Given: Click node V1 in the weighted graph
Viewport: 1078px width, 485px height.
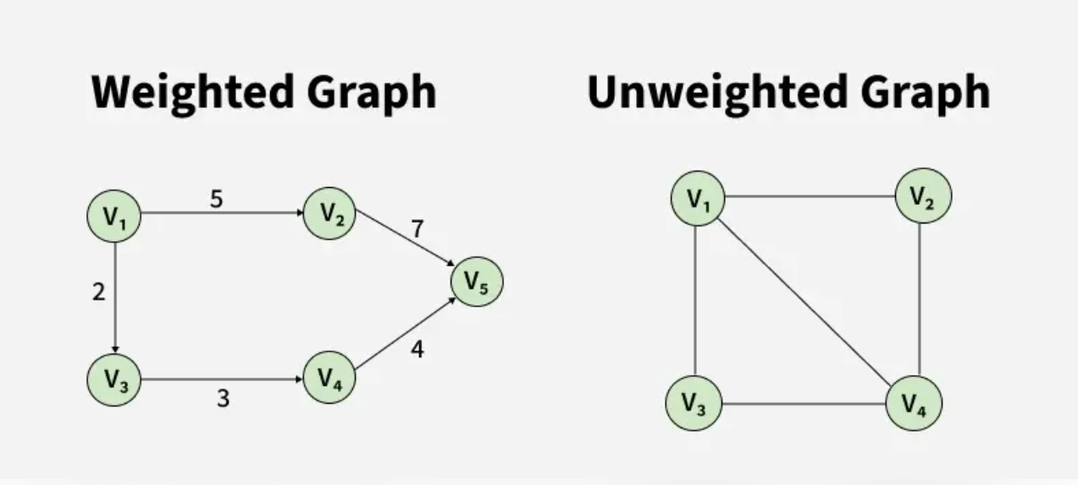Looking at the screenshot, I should [x=113, y=216].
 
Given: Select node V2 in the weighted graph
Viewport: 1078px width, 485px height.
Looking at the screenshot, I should [x=329, y=213].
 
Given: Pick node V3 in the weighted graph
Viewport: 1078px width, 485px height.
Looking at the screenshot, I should [x=113, y=380].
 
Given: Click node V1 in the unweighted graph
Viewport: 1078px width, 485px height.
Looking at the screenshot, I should [x=698, y=199].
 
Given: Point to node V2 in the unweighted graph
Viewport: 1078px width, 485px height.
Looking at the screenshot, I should [x=923, y=196].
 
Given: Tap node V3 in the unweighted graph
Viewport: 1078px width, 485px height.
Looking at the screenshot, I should [x=693, y=404].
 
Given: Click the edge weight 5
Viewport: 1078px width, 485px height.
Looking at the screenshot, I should [x=217, y=201].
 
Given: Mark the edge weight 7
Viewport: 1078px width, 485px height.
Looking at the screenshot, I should [x=417, y=229].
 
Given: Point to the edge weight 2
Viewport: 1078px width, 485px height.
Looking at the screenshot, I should [x=99, y=292].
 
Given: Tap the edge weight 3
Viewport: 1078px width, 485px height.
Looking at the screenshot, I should [x=223, y=399].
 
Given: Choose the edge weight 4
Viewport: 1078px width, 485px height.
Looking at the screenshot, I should [x=417, y=348].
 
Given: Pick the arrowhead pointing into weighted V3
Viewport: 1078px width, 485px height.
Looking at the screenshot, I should [x=113, y=349].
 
